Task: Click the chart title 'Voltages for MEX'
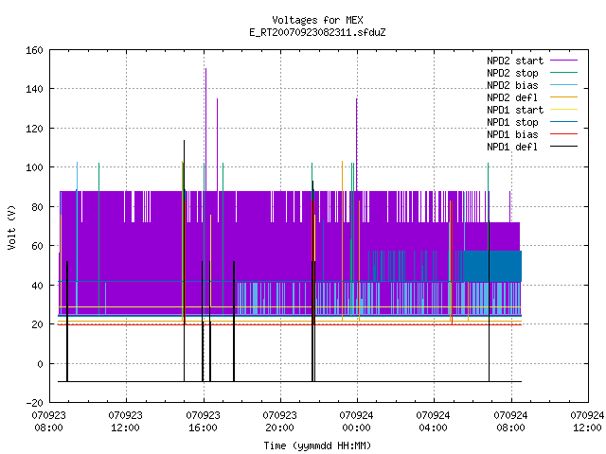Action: tap(317, 20)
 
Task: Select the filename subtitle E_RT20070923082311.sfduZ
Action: tap(317, 32)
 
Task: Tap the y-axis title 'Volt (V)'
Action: tap(11, 227)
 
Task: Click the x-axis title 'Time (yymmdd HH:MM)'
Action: tap(317, 445)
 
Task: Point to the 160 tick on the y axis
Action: tap(34, 50)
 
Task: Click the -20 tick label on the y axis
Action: tap(34, 403)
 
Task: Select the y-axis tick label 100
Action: tap(34, 167)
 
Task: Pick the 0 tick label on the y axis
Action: tap(40, 363)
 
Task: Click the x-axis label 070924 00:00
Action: tap(356, 422)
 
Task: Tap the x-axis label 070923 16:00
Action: tap(203, 422)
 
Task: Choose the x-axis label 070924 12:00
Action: tap(587, 422)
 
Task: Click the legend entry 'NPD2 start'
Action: tap(515, 61)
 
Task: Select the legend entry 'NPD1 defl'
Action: tap(512, 147)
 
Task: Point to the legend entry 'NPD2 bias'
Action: tap(512, 85)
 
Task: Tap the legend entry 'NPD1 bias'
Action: tap(512, 134)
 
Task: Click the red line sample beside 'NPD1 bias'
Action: tap(564, 134)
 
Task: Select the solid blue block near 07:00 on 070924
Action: tap(492, 266)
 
